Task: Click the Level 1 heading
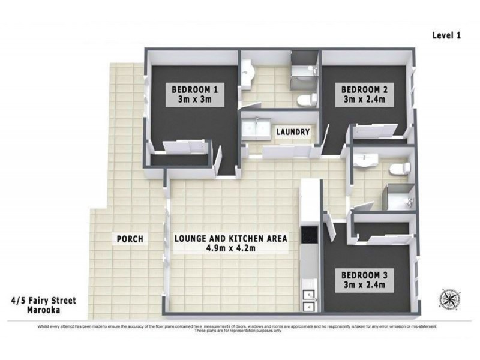[x=446, y=35]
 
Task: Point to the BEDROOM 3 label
[x=365, y=275]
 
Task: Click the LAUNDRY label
[x=293, y=132]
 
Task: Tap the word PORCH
[x=130, y=239]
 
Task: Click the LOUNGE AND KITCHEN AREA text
[x=231, y=238]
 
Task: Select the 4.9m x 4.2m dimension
[x=231, y=248]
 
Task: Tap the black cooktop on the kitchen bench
[x=310, y=236]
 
